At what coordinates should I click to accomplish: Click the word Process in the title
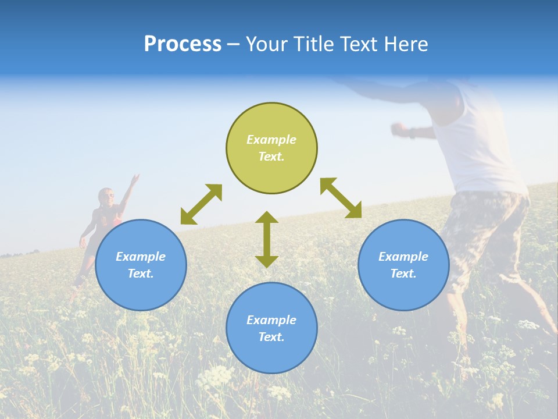(x=183, y=44)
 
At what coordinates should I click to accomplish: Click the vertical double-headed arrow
(x=267, y=239)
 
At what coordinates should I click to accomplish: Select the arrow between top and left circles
(x=201, y=204)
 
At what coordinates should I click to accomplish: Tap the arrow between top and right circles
(x=341, y=198)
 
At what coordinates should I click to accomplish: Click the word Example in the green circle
(x=271, y=140)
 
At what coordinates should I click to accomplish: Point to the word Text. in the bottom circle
(x=271, y=337)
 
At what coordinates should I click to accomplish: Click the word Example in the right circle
(x=403, y=257)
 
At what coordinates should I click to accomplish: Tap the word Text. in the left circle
(x=141, y=274)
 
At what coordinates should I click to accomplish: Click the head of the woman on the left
(x=106, y=196)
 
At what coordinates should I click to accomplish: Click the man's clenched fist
(x=398, y=128)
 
